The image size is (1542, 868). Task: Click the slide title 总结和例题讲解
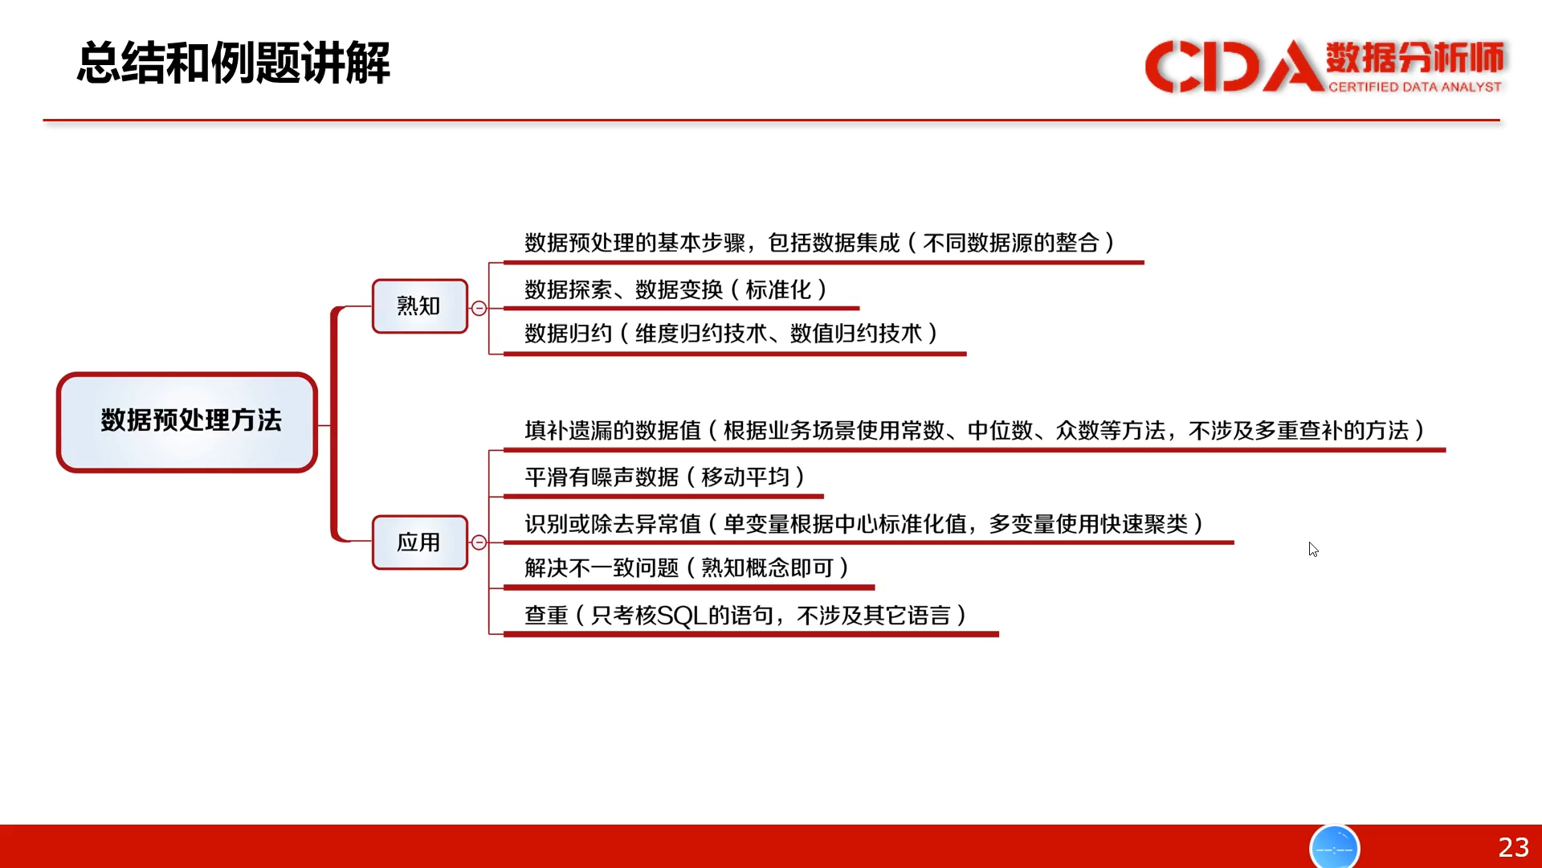coord(233,63)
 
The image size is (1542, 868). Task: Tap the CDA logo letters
coord(1234,66)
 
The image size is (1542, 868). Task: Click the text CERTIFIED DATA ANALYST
coord(1414,87)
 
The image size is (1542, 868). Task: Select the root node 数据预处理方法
coord(187,422)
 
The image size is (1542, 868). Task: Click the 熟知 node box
coord(419,306)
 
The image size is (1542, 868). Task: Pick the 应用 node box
coord(419,542)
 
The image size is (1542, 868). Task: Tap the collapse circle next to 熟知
coord(479,308)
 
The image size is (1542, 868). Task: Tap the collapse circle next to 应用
coord(479,542)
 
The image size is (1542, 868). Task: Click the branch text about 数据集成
coord(820,243)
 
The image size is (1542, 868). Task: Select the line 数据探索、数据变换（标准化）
coord(676,289)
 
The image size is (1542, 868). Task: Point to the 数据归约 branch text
coord(732,334)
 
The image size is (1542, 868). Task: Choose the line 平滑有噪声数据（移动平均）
coord(665,477)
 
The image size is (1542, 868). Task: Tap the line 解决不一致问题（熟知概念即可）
coord(687,568)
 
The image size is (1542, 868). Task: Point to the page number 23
coord(1513,847)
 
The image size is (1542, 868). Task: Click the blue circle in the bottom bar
coord(1334,847)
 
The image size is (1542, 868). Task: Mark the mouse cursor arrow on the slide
coord(1313,550)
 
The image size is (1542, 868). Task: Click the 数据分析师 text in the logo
coord(1414,57)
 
